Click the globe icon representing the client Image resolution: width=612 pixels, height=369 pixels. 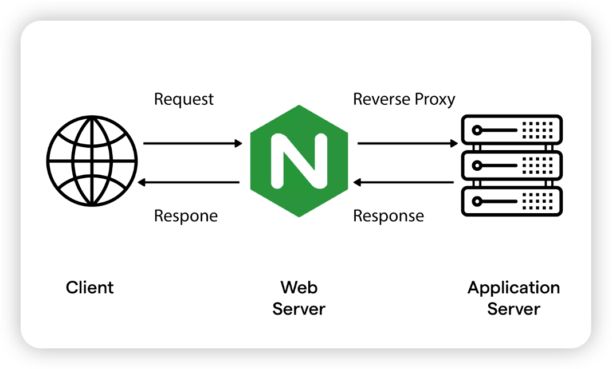[92, 161]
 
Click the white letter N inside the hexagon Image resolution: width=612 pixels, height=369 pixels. [299, 161]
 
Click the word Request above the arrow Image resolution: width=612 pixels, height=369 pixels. [183, 100]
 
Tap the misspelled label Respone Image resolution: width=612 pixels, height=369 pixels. [186, 217]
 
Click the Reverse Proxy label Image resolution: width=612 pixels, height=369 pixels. [404, 100]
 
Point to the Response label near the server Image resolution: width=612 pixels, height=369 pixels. [389, 217]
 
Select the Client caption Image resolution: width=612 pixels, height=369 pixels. [90, 287]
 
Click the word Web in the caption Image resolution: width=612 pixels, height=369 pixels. [299, 287]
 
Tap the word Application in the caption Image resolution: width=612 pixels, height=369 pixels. [513, 288]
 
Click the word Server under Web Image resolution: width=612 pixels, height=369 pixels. [299, 309]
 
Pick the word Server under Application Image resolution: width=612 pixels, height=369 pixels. [513, 309]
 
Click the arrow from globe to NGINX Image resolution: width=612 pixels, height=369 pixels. [193, 143]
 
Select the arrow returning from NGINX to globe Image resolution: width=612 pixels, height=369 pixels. [189, 183]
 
